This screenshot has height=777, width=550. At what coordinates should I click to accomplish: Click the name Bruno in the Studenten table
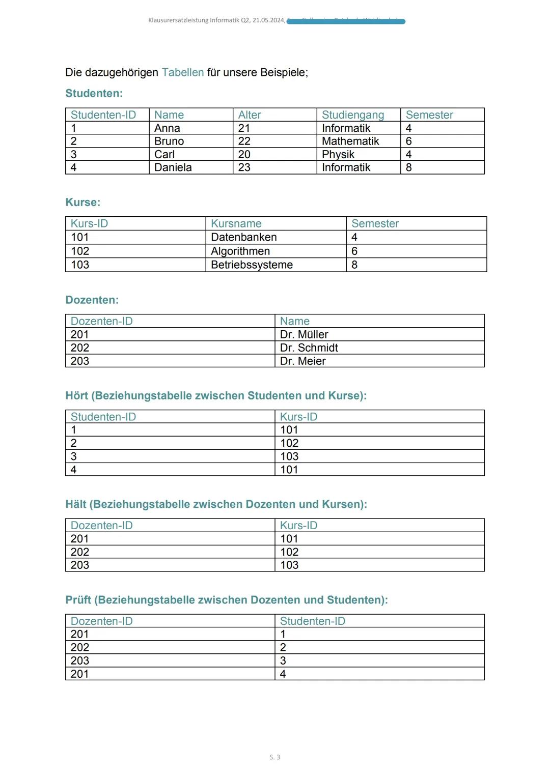pyautogui.click(x=169, y=141)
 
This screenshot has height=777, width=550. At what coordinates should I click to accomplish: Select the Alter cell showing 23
pyautogui.click(x=244, y=167)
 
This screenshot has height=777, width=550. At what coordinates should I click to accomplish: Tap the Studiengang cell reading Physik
pyautogui.click(x=338, y=154)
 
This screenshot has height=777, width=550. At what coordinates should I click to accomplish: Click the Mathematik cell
pyautogui.click(x=350, y=141)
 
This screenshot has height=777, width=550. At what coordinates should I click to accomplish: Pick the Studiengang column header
pyautogui.click(x=353, y=115)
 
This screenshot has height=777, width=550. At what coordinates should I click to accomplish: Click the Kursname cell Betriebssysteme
pyautogui.click(x=252, y=265)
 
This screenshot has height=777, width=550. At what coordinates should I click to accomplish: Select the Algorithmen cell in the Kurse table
pyautogui.click(x=240, y=251)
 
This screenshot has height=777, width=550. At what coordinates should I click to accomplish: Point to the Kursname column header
pyautogui.click(x=236, y=223)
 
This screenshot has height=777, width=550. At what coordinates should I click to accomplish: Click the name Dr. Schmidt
pyautogui.click(x=309, y=348)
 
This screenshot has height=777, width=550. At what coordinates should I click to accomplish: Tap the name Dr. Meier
pyautogui.click(x=303, y=361)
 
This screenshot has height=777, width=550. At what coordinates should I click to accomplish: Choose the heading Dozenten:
pyautogui.click(x=92, y=300)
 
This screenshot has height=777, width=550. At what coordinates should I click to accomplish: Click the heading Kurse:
pyautogui.click(x=82, y=202)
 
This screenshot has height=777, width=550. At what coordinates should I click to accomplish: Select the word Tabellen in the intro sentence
pyautogui.click(x=183, y=72)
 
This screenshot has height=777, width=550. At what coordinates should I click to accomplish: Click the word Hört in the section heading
pyautogui.click(x=77, y=395)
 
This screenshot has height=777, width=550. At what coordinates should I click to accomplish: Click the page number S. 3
pyautogui.click(x=274, y=757)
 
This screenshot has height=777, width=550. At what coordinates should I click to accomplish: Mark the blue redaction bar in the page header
pyautogui.click(x=346, y=21)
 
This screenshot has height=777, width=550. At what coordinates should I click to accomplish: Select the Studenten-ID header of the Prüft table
pyautogui.click(x=312, y=621)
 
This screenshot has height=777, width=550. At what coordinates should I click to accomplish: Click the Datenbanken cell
pyautogui.click(x=244, y=237)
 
